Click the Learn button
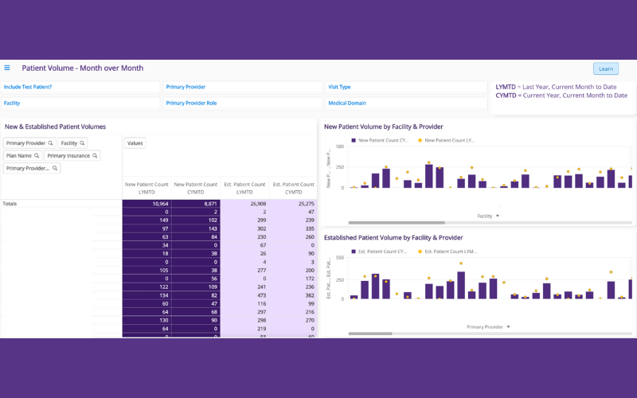(x=605, y=68)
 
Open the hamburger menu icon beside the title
(x=7, y=68)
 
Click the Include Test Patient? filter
(x=28, y=87)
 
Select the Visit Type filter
(x=339, y=87)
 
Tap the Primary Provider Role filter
(x=191, y=103)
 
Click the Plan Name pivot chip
(x=22, y=156)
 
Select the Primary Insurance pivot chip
(x=72, y=156)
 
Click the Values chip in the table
(x=135, y=143)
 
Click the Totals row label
(x=10, y=204)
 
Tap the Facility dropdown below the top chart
(x=488, y=216)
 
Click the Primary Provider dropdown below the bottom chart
(x=488, y=326)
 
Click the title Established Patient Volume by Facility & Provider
(x=393, y=237)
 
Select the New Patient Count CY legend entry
(x=381, y=140)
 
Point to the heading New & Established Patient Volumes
(x=55, y=127)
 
